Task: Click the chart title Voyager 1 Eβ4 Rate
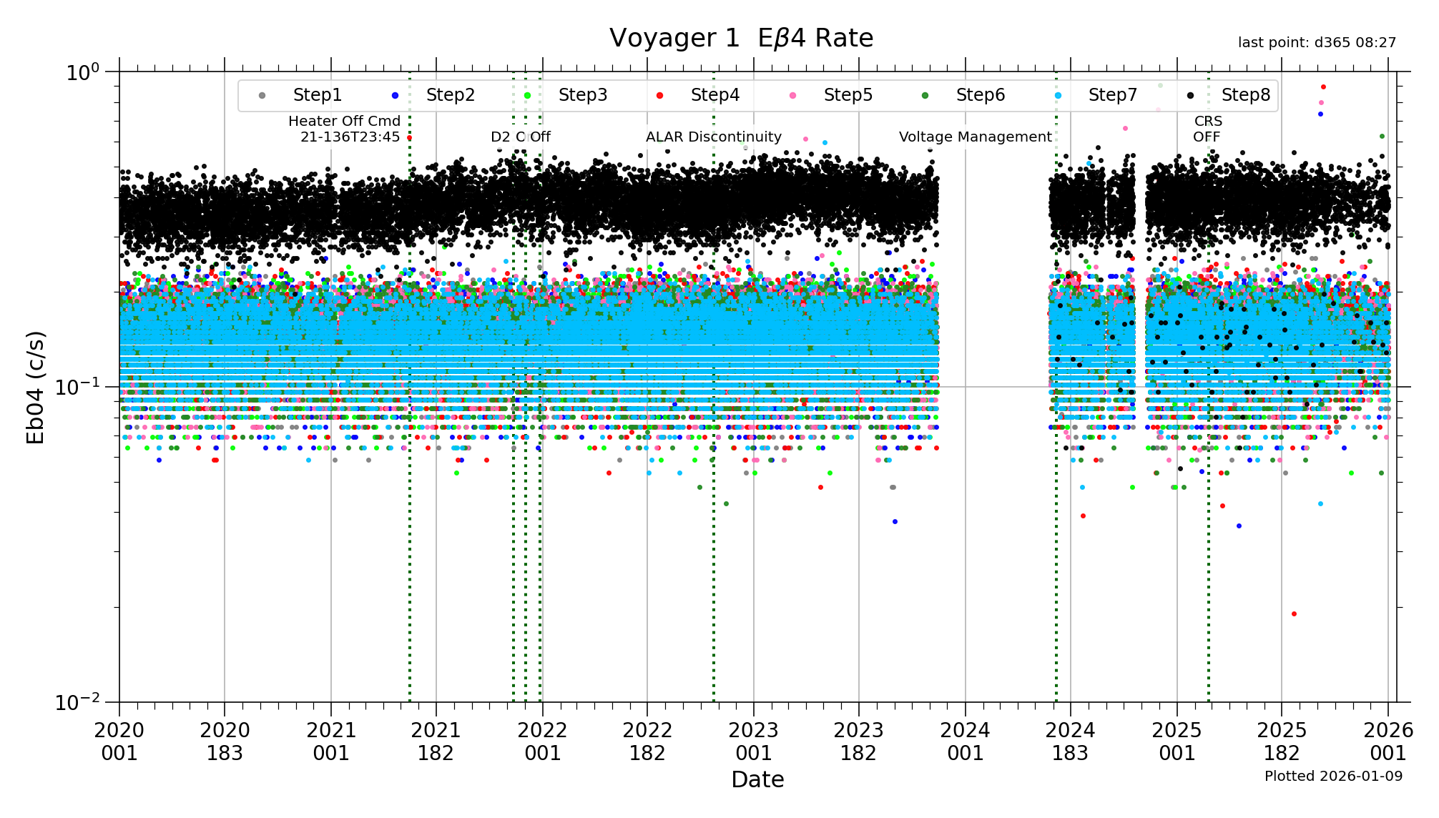pos(741,39)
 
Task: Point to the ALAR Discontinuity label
pos(713,137)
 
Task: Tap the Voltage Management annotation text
pos(975,137)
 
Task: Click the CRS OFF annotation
pos(1207,129)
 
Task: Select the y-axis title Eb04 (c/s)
pos(36,387)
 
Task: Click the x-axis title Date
pos(757,779)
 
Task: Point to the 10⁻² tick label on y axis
pos(80,702)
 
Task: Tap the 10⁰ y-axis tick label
pos(82,72)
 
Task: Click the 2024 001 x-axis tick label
pos(965,741)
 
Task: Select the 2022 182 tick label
pos(647,741)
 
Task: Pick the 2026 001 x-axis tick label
pos(1388,741)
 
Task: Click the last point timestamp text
pos(1317,43)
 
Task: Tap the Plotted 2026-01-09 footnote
pos(1333,777)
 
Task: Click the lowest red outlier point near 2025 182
pos(1294,614)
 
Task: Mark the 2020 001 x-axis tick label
pos(119,741)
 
